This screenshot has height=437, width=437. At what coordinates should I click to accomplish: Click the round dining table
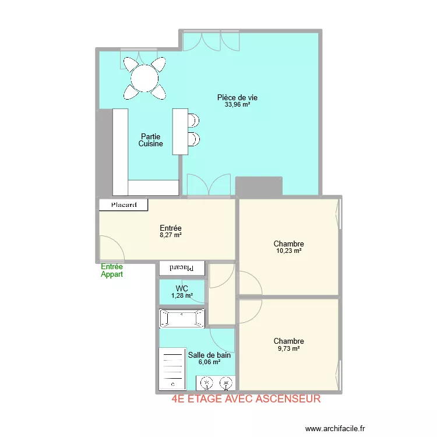coord(145,78)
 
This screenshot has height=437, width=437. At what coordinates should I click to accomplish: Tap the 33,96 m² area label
coord(237,105)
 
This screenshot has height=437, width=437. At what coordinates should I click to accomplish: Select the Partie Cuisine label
coord(150,140)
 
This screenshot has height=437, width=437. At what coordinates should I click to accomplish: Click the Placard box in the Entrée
coord(124,205)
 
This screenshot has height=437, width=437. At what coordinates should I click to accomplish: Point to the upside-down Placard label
coord(181,268)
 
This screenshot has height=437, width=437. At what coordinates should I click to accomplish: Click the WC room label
coord(182,288)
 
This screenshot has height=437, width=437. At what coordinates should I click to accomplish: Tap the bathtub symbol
coord(182,318)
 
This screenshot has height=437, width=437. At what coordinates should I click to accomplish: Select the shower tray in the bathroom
coord(172,369)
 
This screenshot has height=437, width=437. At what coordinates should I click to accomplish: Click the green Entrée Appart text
coord(112,270)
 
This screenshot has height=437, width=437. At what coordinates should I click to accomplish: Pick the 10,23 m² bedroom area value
coord(289,251)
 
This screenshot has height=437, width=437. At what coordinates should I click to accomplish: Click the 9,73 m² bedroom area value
coord(289,348)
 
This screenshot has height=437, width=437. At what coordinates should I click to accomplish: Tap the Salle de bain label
coord(209,355)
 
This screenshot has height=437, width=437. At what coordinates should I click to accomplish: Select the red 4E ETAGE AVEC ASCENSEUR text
coord(246,399)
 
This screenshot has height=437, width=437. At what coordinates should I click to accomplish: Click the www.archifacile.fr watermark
coord(335,428)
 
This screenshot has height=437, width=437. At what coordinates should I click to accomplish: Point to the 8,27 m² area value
coord(171,235)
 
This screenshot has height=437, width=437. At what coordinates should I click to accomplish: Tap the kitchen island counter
coord(180,132)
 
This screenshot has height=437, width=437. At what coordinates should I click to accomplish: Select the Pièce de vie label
coord(237,97)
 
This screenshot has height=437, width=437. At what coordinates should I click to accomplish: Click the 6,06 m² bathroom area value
coord(209,362)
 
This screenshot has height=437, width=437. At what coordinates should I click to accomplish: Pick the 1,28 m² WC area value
coord(182,295)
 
